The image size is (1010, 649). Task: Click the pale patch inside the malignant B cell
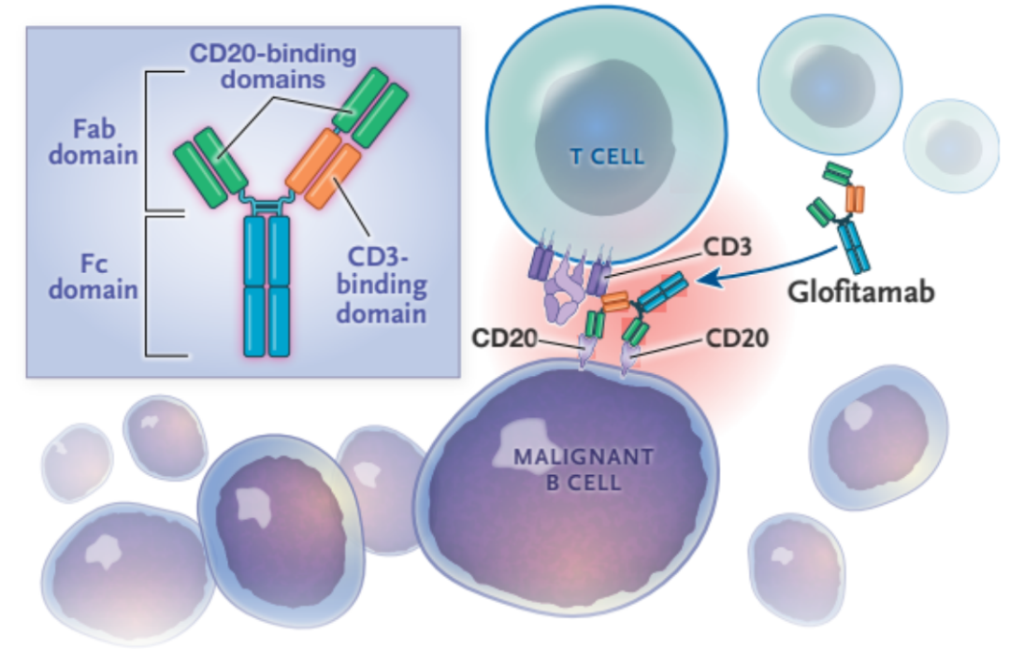click(528, 439)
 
